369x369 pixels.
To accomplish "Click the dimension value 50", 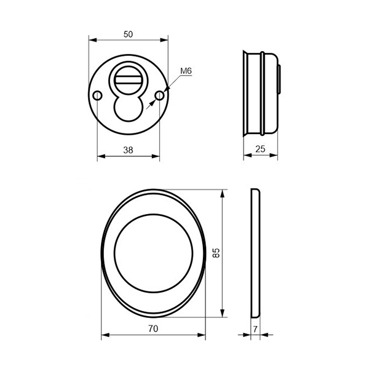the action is pos(129,34).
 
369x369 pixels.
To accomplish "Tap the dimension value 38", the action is pos(129,150).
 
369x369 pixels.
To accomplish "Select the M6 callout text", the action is pos(186,71).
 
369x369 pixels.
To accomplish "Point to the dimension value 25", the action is pos(260,149).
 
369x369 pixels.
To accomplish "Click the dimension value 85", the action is pos(216,253).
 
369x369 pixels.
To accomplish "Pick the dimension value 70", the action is pos(153,328).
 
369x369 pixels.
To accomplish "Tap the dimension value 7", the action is pos(255,329).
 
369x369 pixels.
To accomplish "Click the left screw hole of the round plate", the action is pos(97,96).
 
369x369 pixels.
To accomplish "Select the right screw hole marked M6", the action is pos(160,96).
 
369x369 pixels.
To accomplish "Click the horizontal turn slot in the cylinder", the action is pos(129,79).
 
